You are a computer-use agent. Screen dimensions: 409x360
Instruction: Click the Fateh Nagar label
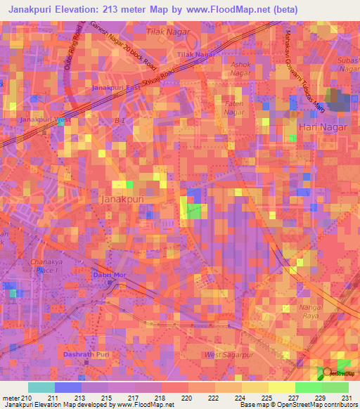click(234, 108)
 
